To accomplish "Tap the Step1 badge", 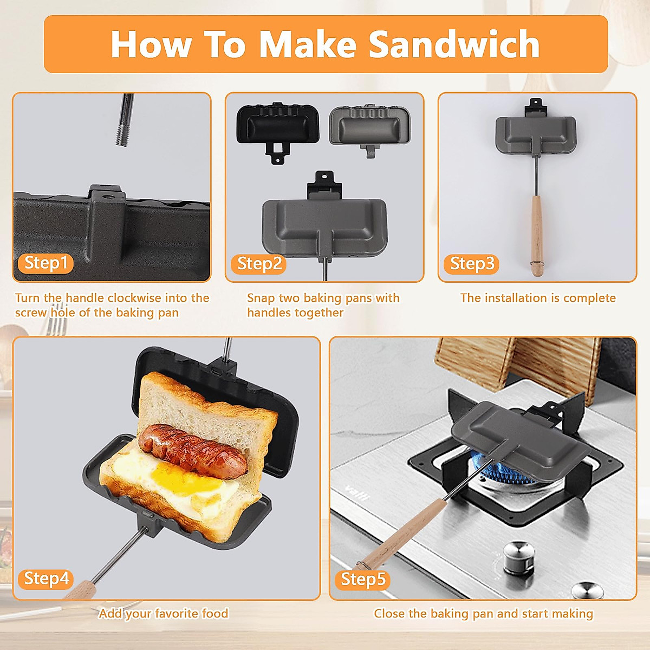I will click(x=45, y=263).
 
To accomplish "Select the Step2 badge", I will click(x=259, y=264).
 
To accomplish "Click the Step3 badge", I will click(x=472, y=264).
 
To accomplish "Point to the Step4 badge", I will click(x=46, y=578).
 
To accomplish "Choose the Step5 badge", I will click(x=362, y=579).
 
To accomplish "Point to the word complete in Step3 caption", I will click(x=589, y=298).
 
